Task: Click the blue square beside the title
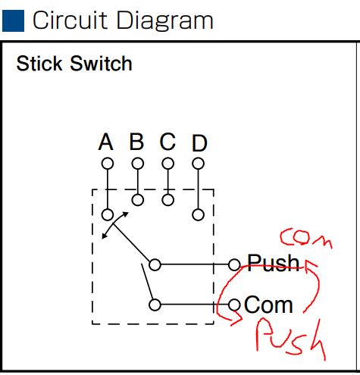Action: [x=13, y=20]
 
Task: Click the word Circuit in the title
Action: [x=70, y=20]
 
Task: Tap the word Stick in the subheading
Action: [x=39, y=64]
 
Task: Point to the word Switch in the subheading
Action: [x=101, y=64]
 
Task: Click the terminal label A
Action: [x=105, y=142]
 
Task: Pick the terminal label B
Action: [x=136, y=142]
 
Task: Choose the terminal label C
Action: [x=167, y=142]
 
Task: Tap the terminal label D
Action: [x=199, y=143]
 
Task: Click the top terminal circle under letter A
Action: [x=108, y=164]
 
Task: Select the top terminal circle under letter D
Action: [x=198, y=164]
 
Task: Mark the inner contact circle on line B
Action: [x=138, y=200]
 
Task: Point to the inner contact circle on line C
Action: [x=167, y=200]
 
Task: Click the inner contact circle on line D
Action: [x=198, y=215]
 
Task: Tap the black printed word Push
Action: [x=274, y=263]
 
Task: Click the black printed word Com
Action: [x=268, y=305]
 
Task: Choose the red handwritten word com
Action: [x=305, y=237]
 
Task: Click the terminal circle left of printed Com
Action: [x=234, y=305]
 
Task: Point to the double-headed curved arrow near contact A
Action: [x=112, y=224]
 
